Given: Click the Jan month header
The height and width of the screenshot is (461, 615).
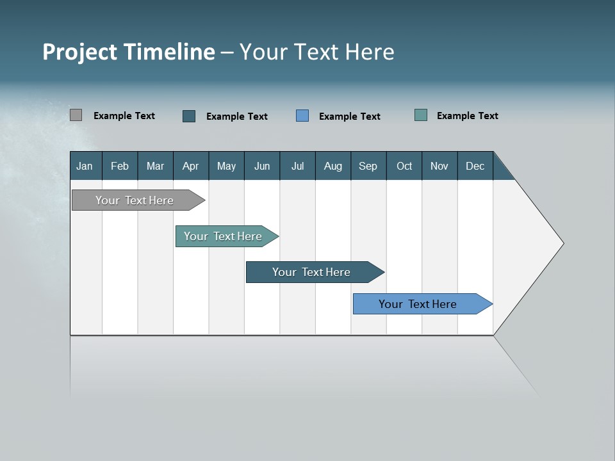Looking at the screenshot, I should (x=85, y=166).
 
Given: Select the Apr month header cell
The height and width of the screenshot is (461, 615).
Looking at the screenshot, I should (x=191, y=166).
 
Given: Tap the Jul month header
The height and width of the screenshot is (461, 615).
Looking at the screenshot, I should (x=297, y=166).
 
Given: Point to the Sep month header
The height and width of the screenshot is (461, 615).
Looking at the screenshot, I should (x=368, y=166).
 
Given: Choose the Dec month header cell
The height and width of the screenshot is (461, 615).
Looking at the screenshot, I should (x=475, y=166).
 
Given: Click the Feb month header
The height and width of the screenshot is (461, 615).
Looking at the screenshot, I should (x=120, y=166).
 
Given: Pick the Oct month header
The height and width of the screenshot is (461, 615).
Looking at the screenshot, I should (x=404, y=166).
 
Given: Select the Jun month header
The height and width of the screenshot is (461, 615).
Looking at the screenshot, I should (x=262, y=166).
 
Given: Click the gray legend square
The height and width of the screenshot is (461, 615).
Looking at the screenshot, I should (x=76, y=115).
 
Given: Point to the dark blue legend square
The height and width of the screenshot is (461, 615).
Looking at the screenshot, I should (x=189, y=116).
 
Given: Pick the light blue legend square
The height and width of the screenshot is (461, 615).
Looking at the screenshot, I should (x=302, y=115).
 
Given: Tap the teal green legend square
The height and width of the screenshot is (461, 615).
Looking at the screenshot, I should (x=421, y=115).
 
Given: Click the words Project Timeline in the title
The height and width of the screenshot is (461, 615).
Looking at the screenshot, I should (x=128, y=52).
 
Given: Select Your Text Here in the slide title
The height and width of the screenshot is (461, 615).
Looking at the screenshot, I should (x=316, y=52).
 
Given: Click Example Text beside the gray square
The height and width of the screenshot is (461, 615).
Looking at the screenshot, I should (x=124, y=116).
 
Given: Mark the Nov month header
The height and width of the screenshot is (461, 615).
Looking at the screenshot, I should (x=439, y=166).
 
